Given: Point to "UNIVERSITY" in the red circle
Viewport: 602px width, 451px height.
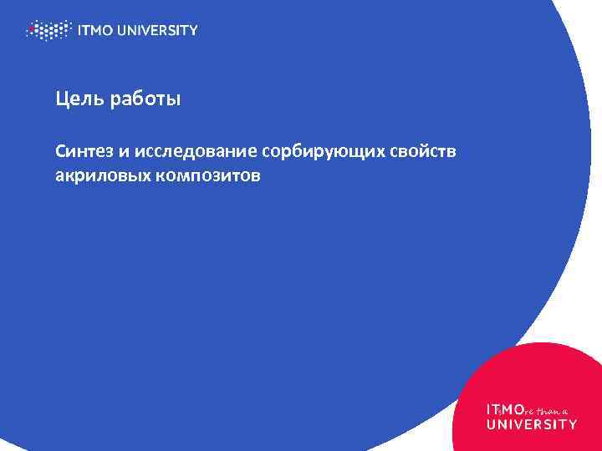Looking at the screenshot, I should [531, 424].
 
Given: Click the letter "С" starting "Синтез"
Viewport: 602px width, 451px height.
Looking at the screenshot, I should [60, 153].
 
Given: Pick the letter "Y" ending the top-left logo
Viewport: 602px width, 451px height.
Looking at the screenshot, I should [193, 31].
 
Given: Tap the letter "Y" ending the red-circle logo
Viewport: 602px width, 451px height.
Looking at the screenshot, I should [572, 424].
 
